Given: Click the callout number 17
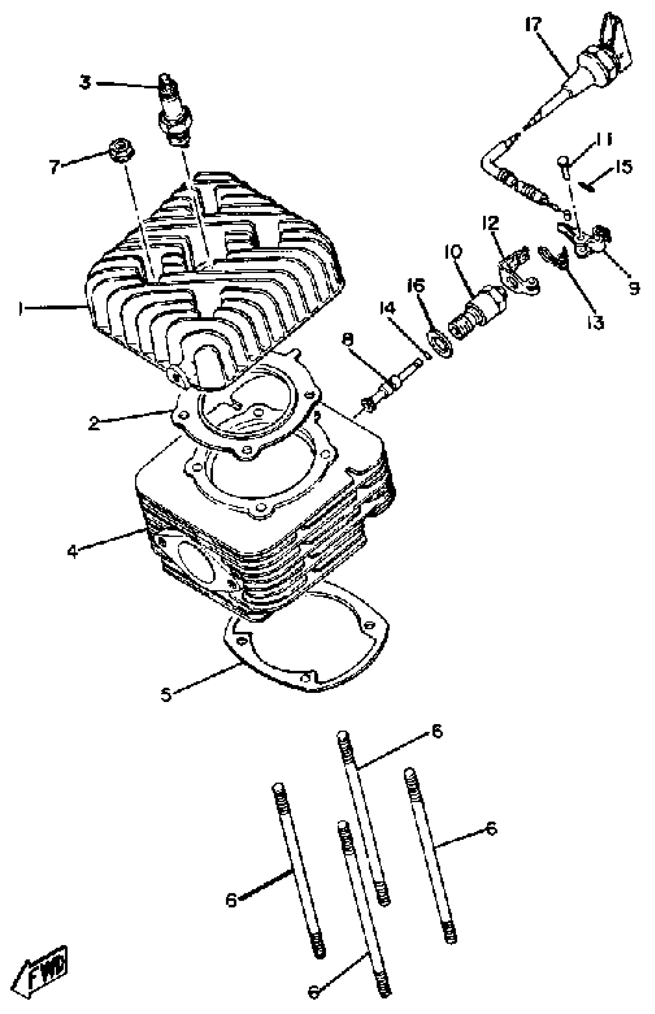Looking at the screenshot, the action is pyautogui.click(x=532, y=25).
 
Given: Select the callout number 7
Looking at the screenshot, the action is pyautogui.click(x=54, y=167).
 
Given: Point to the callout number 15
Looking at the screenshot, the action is pyautogui.click(x=623, y=167).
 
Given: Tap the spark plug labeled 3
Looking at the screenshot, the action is pyautogui.click(x=173, y=111).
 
